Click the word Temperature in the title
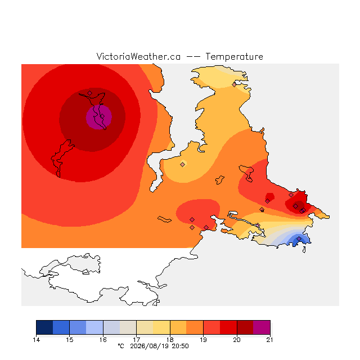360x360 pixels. click(x=234, y=56)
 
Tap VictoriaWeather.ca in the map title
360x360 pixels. click(x=138, y=56)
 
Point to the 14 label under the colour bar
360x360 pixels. click(x=36, y=340)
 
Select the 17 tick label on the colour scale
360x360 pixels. click(x=136, y=340)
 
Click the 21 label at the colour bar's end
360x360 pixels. click(x=270, y=340)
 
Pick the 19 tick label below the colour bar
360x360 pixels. click(x=203, y=340)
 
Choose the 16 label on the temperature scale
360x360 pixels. click(x=103, y=340)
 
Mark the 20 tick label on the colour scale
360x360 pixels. click(x=237, y=340)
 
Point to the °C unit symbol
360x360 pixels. click(x=121, y=346)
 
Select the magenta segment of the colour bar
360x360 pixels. click(x=262, y=327)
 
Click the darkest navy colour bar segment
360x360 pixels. click(x=44, y=327)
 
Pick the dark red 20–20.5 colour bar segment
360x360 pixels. click(x=245, y=327)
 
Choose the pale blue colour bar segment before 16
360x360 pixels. click(x=94, y=327)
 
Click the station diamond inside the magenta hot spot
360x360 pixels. click(x=102, y=116)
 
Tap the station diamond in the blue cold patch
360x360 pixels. click(x=299, y=239)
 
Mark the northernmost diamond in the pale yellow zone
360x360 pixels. click(x=234, y=85)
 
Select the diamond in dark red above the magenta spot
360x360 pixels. click(x=90, y=93)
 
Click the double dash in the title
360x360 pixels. click(x=193, y=57)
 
